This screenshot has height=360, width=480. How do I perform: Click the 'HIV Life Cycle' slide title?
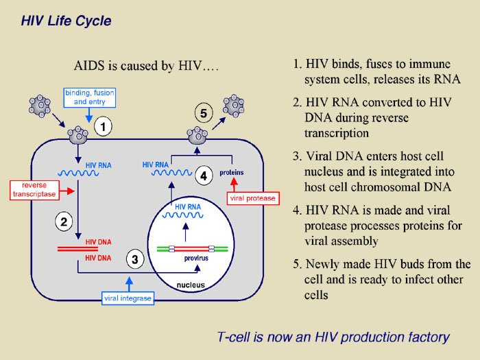(66, 21)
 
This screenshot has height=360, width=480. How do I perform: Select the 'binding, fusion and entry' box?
(90, 97)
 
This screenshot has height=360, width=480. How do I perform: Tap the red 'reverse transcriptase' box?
(34, 190)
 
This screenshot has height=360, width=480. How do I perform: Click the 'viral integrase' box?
(128, 298)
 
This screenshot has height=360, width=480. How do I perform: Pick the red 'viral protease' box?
(252, 198)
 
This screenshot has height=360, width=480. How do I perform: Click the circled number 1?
(103, 127)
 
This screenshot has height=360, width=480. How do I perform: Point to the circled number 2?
(64, 221)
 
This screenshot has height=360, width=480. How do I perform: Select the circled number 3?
(135, 259)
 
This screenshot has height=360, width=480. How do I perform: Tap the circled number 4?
(204, 176)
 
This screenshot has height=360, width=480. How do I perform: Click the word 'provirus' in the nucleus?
(196, 259)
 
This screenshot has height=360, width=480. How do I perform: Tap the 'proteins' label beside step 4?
(232, 173)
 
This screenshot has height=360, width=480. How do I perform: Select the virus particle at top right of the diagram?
(233, 105)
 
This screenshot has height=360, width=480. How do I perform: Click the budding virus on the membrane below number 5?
(198, 132)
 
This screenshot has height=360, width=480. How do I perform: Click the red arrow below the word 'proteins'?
(234, 184)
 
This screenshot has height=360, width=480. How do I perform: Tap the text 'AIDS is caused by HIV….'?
(145, 67)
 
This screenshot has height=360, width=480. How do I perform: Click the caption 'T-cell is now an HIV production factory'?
(333, 337)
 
